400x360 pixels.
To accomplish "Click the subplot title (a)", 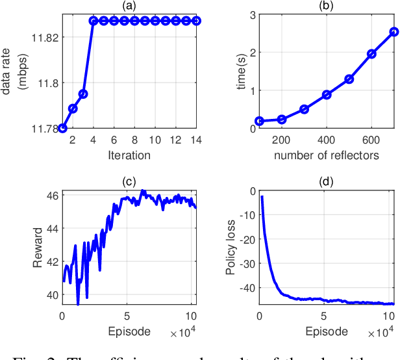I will point(129,5).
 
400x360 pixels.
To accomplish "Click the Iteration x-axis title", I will point(129,155).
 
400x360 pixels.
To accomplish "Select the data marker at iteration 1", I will point(62,128).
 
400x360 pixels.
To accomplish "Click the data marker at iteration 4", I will point(94,21).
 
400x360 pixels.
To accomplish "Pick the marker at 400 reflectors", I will point(327,94).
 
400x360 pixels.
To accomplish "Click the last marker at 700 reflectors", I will point(394,31).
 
